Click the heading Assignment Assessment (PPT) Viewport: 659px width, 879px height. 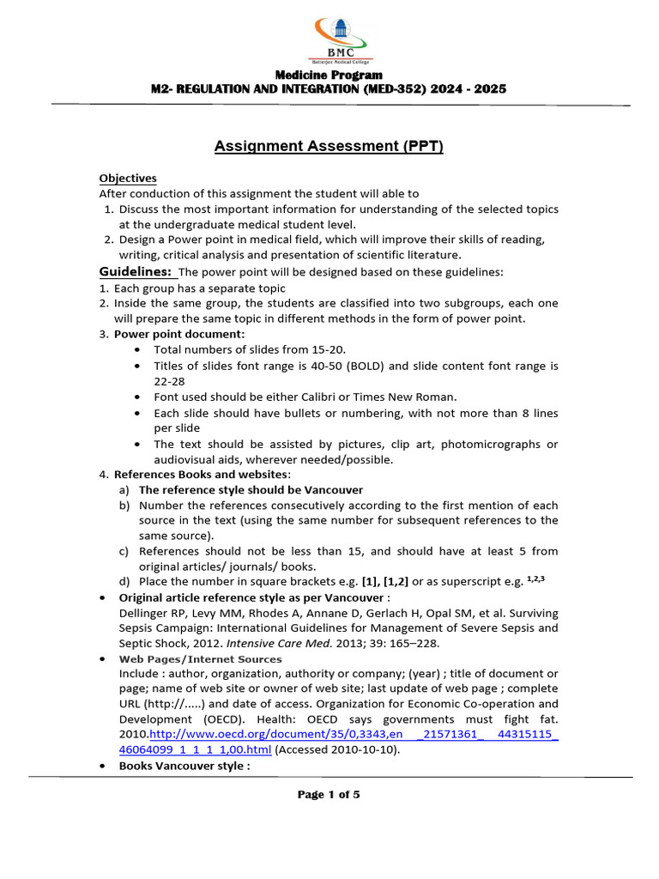[x=329, y=147]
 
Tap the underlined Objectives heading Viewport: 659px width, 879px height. [x=128, y=179]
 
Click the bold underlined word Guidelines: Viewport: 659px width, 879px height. [x=136, y=272]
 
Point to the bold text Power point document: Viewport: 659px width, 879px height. [x=179, y=334]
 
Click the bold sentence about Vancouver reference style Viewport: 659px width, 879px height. [x=251, y=490]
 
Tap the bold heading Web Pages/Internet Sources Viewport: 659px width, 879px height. [x=200, y=658]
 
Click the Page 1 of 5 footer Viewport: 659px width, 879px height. [x=329, y=795]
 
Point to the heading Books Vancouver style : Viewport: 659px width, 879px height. [x=184, y=766]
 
